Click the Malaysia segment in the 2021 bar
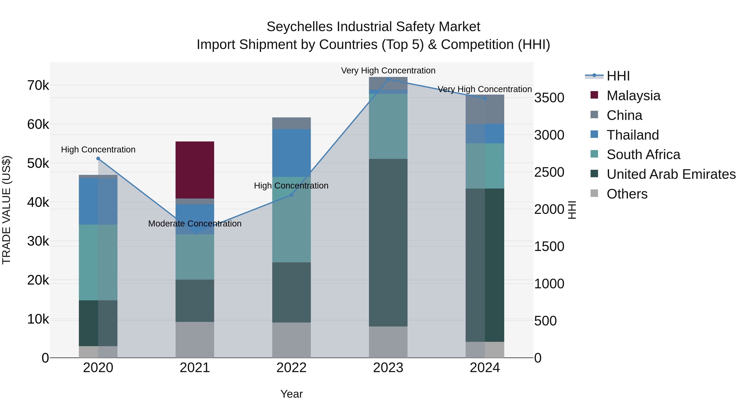pyautogui.click(x=195, y=170)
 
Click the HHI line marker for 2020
pyautogui.click(x=98, y=158)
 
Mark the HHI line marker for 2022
pyautogui.click(x=292, y=195)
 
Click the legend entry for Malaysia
pyautogui.click(x=633, y=96)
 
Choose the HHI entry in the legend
pyautogui.click(x=618, y=76)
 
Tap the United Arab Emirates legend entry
pyautogui.click(x=671, y=174)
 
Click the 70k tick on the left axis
pyautogui.click(x=38, y=85)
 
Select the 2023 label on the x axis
pyautogui.click(x=388, y=368)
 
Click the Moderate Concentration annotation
pyautogui.click(x=195, y=223)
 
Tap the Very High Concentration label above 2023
pyautogui.click(x=388, y=71)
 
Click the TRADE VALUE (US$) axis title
pyautogui.click(x=6, y=210)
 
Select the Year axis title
pyautogui.click(x=292, y=394)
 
